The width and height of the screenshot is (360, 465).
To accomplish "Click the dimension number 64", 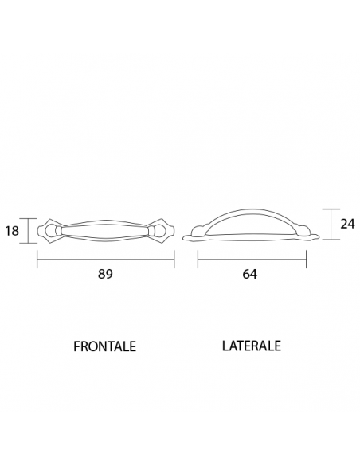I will [249, 274].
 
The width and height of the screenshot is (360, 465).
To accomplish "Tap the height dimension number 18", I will [13, 231].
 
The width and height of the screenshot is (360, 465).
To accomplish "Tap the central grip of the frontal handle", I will [106, 232].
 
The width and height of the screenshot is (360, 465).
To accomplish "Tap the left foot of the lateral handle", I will [193, 236].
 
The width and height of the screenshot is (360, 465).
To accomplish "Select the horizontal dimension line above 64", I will [252, 258].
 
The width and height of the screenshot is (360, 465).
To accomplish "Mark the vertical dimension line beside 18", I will [29, 231].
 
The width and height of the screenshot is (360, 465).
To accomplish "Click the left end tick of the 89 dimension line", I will [37, 258].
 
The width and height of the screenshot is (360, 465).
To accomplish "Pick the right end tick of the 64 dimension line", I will [307, 258].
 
